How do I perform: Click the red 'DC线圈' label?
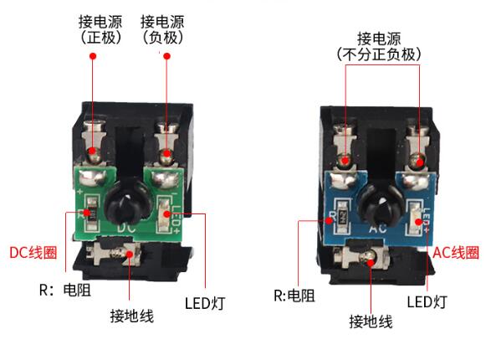[33, 253]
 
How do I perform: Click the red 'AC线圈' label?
[456, 252]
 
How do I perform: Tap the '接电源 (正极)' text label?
[100, 29]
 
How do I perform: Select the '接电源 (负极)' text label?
[162, 29]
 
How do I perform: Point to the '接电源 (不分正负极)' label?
[379, 46]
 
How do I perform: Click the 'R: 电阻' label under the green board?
[65, 290]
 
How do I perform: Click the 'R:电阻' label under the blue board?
[294, 296]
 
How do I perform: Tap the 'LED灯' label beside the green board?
[205, 303]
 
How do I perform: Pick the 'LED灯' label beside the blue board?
[427, 301]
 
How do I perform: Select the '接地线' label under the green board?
[132, 316]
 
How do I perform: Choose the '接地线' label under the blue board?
[371, 321]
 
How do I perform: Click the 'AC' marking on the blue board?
[378, 228]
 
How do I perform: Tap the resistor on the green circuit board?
[92, 213]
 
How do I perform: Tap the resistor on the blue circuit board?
[342, 217]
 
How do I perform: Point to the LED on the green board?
[163, 214]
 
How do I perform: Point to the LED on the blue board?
[413, 219]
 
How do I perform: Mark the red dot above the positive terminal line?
[93, 56]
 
